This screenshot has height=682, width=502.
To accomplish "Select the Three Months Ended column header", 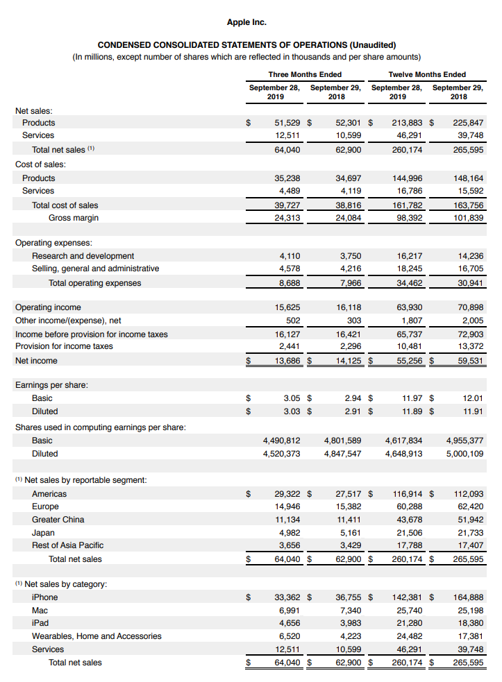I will tap(305, 74).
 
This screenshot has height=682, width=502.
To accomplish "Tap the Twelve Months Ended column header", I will tap(427, 74).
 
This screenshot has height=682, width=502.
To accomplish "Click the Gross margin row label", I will tap(74, 218).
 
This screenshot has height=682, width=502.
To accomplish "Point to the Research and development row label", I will tap(83, 256).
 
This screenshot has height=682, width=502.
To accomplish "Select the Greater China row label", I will tap(58, 520).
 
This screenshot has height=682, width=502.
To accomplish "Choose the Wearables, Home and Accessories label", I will tap(97, 636).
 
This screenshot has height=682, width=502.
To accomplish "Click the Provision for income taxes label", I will tap(64, 346).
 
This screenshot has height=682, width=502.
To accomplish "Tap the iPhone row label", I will tap(45, 597).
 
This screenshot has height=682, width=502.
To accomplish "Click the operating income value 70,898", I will tap(469, 307).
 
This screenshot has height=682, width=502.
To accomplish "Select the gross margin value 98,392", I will tap(408, 218).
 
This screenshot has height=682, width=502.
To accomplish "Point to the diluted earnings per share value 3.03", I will tap(292, 411).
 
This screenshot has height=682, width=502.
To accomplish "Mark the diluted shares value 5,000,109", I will tap(465, 454).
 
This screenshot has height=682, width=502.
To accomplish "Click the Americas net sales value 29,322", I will tap(287, 494).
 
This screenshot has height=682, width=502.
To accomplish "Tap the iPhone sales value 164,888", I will tap(467, 597).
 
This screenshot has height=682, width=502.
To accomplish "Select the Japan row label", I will tap(43, 533).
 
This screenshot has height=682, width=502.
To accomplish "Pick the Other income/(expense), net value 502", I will tap(293, 321).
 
